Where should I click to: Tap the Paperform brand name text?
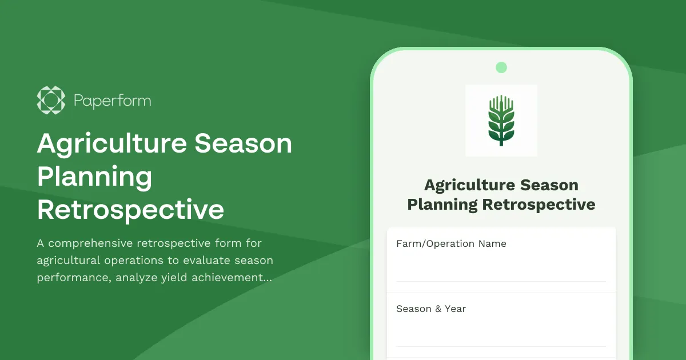pos(112,101)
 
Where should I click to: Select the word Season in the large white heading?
pos(244,144)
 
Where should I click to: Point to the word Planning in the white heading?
pos(94,177)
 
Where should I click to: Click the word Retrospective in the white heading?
pos(130,210)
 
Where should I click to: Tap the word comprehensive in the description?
pos(91,243)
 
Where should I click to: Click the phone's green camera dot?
pos(501,67)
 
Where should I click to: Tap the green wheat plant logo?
pos(501,120)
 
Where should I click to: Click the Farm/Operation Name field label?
pos(451,243)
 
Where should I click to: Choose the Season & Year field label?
pos(431,309)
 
